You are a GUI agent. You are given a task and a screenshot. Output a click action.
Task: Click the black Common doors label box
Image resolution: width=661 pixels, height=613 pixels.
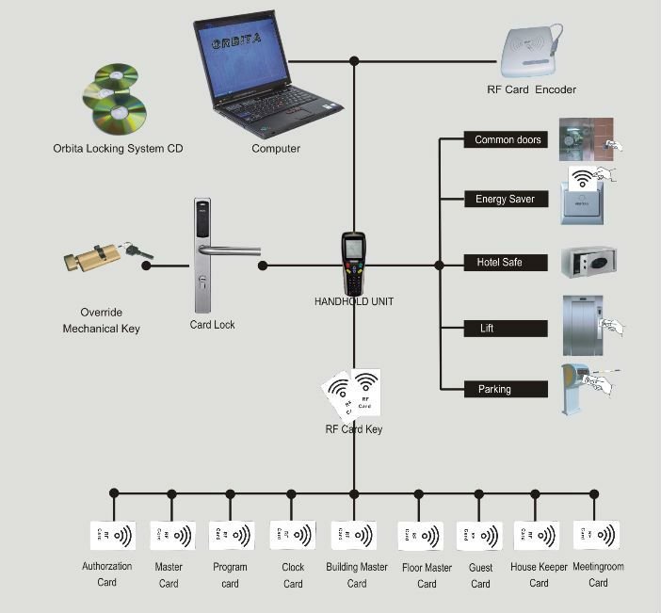(508, 140)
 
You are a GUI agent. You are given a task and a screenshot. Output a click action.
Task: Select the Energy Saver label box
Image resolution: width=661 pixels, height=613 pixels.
(508, 200)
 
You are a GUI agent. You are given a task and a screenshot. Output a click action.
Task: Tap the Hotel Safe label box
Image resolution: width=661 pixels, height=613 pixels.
(508, 263)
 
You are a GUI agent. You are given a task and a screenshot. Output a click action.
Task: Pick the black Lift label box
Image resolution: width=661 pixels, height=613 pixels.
(508, 329)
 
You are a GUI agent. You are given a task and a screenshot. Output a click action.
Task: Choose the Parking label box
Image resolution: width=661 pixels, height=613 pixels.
(508, 389)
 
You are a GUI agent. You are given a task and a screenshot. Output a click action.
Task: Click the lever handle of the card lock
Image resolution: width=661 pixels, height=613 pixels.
(230, 250)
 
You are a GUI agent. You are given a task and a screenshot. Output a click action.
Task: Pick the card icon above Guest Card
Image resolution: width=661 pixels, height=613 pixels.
(479, 539)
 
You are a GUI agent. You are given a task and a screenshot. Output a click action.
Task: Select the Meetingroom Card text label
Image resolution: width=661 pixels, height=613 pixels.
(598, 574)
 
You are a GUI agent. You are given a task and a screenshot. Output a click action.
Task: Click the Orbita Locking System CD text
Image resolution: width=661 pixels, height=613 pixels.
(119, 149)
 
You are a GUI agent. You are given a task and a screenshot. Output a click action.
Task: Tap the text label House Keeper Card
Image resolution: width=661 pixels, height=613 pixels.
(539, 574)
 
